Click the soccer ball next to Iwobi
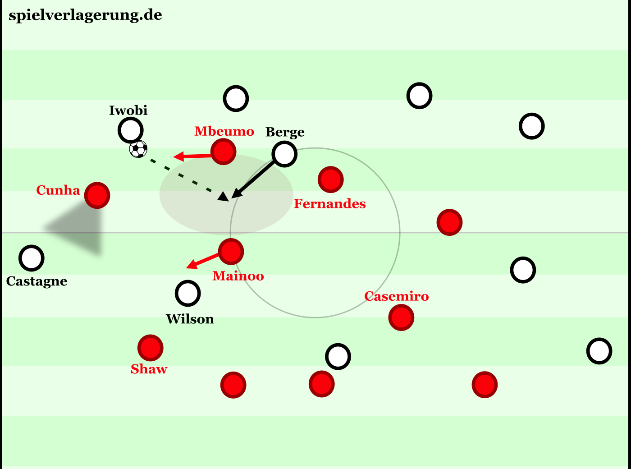coord(138,149)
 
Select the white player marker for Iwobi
coord(131,130)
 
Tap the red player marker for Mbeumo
coord(224,152)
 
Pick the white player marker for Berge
coord(284,154)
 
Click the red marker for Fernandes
coord(331,179)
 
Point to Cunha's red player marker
coord(97,195)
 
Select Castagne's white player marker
coord(32,258)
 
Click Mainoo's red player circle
coord(231,252)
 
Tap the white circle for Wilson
coord(188,294)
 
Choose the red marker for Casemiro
coord(401,317)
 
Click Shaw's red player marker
coord(151,348)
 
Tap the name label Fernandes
coord(330,204)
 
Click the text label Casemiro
coord(397,296)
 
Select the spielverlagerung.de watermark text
coord(86,15)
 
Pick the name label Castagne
coord(37,281)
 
